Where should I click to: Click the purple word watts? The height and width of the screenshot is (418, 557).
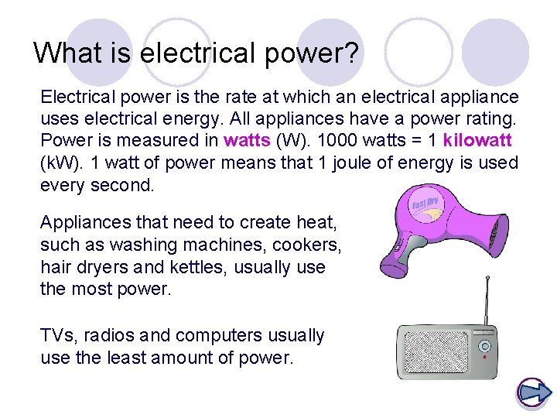click(x=245, y=142)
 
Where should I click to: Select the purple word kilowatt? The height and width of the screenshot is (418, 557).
click(x=477, y=142)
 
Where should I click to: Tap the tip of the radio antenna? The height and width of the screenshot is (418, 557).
click(x=487, y=278)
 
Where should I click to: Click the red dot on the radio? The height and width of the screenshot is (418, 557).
click(x=484, y=358)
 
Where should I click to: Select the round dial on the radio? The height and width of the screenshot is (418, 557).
click(x=484, y=344)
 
